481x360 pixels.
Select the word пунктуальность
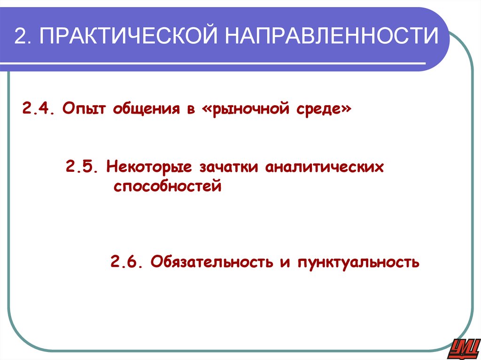pos(358,261)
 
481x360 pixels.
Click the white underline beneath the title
pos(221,63)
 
